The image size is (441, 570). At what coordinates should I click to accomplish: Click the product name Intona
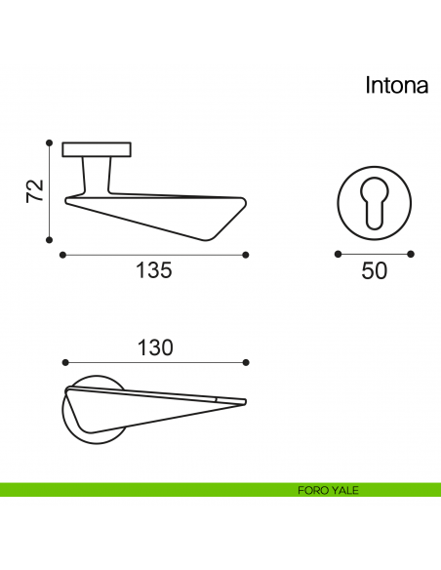[397, 86]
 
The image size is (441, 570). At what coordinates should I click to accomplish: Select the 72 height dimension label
[35, 191]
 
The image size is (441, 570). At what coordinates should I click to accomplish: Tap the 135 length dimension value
[153, 270]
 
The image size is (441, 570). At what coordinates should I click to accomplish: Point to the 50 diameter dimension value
[374, 270]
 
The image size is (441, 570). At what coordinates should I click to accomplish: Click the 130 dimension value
[155, 347]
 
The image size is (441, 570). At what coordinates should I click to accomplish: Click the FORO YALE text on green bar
[328, 490]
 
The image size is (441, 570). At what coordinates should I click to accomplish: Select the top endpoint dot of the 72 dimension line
[50, 142]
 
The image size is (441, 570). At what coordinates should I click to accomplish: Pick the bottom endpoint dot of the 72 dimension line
[50, 240]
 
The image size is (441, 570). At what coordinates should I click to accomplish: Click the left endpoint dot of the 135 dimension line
[62, 255]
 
